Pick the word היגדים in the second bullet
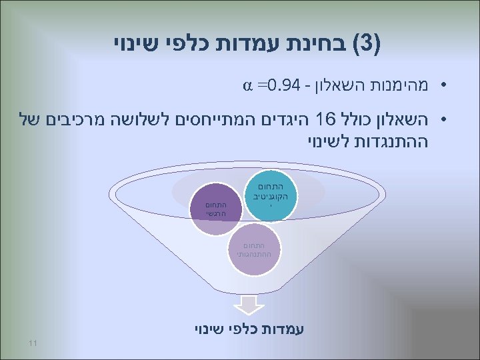click(290, 120)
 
